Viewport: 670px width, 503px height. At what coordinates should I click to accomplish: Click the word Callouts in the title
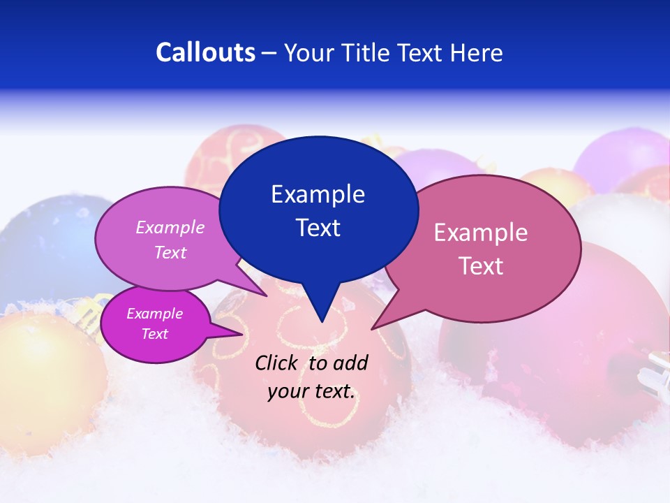point(205,52)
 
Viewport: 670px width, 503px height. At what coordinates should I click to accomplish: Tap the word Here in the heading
point(475,52)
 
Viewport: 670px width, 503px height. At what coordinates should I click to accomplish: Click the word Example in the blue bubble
point(318,194)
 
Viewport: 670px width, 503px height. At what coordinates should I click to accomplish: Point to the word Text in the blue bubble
point(318,228)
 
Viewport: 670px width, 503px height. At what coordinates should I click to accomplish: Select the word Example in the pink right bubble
point(481,233)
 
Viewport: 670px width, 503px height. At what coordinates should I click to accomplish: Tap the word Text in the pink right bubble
point(481,266)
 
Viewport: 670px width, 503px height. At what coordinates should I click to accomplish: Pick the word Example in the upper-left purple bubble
point(170,227)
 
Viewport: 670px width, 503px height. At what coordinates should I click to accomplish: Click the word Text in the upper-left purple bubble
point(170,252)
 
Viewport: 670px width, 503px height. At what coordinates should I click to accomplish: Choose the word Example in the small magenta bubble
point(154,314)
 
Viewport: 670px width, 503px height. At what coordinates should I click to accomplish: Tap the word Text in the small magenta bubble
point(154,334)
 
